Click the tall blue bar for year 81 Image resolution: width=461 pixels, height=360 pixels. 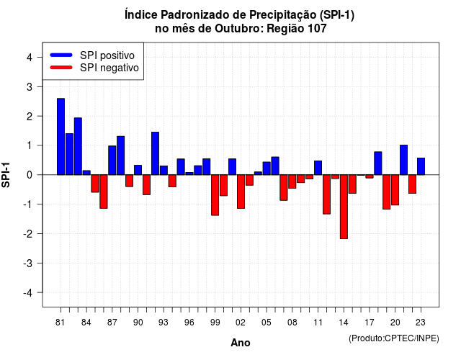pyautogui.click(x=61, y=137)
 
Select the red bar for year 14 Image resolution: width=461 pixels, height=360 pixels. pyautogui.click(x=344, y=207)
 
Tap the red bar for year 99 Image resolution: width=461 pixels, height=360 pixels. pyautogui.click(x=215, y=195)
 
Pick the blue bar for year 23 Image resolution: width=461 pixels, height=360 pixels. pyautogui.click(x=421, y=166)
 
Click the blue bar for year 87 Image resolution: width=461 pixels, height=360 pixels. pyautogui.click(x=112, y=160)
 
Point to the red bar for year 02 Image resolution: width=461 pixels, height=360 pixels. pyautogui.click(x=241, y=192)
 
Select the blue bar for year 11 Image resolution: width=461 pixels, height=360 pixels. pyautogui.click(x=318, y=168)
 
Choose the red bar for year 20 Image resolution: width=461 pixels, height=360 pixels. pyautogui.click(x=395, y=190)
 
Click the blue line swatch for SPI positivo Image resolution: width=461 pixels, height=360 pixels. pyautogui.click(x=61, y=55)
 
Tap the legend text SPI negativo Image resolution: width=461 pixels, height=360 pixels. pyautogui.click(x=109, y=68)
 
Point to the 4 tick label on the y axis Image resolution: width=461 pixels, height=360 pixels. pyautogui.click(x=30, y=58)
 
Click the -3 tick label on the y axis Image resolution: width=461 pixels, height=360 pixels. pyautogui.click(x=27, y=264)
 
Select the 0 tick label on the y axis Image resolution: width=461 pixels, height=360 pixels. pyautogui.click(x=30, y=175)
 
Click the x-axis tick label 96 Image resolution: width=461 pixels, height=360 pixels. pyautogui.click(x=189, y=323)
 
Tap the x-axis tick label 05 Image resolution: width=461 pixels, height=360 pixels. pyautogui.click(x=266, y=323)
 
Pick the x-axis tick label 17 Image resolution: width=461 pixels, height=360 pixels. pyautogui.click(x=370, y=323)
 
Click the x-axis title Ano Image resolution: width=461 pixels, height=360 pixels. pyautogui.click(x=241, y=343)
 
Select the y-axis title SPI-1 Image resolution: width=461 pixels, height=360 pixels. pyautogui.click(x=6, y=175)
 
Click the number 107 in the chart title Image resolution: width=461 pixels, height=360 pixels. pyautogui.click(x=317, y=29)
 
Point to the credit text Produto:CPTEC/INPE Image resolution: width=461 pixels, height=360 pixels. pyautogui.click(x=394, y=338)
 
